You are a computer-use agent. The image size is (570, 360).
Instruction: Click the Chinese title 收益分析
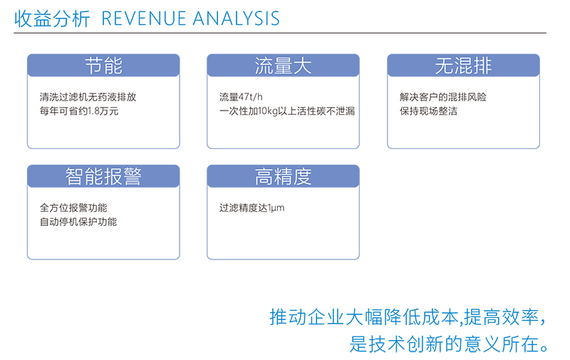(52, 19)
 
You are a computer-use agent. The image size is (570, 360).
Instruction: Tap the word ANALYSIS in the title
(237, 19)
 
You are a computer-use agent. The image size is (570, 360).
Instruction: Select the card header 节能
(103, 66)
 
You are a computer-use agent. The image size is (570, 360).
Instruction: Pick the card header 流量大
(283, 66)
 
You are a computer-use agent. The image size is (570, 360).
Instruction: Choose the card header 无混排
(463, 66)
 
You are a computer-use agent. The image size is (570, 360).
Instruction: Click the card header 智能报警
(103, 176)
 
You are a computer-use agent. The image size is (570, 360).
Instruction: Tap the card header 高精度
(283, 176)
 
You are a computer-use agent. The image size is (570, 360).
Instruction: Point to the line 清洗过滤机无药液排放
(88, 97)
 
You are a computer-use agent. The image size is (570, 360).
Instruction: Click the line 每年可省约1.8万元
(79, 111)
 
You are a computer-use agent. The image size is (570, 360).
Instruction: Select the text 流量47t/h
(241, 97)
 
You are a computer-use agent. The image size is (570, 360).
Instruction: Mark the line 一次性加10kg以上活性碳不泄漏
(287, 111)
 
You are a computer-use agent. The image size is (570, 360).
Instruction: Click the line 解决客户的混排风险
(442, 97)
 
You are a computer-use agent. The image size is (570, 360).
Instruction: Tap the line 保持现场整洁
(428, 111)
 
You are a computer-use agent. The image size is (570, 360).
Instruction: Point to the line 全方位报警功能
(73, 207)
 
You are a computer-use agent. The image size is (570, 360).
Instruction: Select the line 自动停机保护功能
(78, 222)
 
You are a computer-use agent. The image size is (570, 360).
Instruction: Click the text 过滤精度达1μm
(252, 208)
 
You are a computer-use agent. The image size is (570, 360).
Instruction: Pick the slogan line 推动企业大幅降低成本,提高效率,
(408, 317)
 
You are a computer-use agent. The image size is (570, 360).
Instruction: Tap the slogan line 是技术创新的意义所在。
(449, 344)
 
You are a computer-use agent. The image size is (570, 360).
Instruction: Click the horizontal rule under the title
(280, 33)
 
